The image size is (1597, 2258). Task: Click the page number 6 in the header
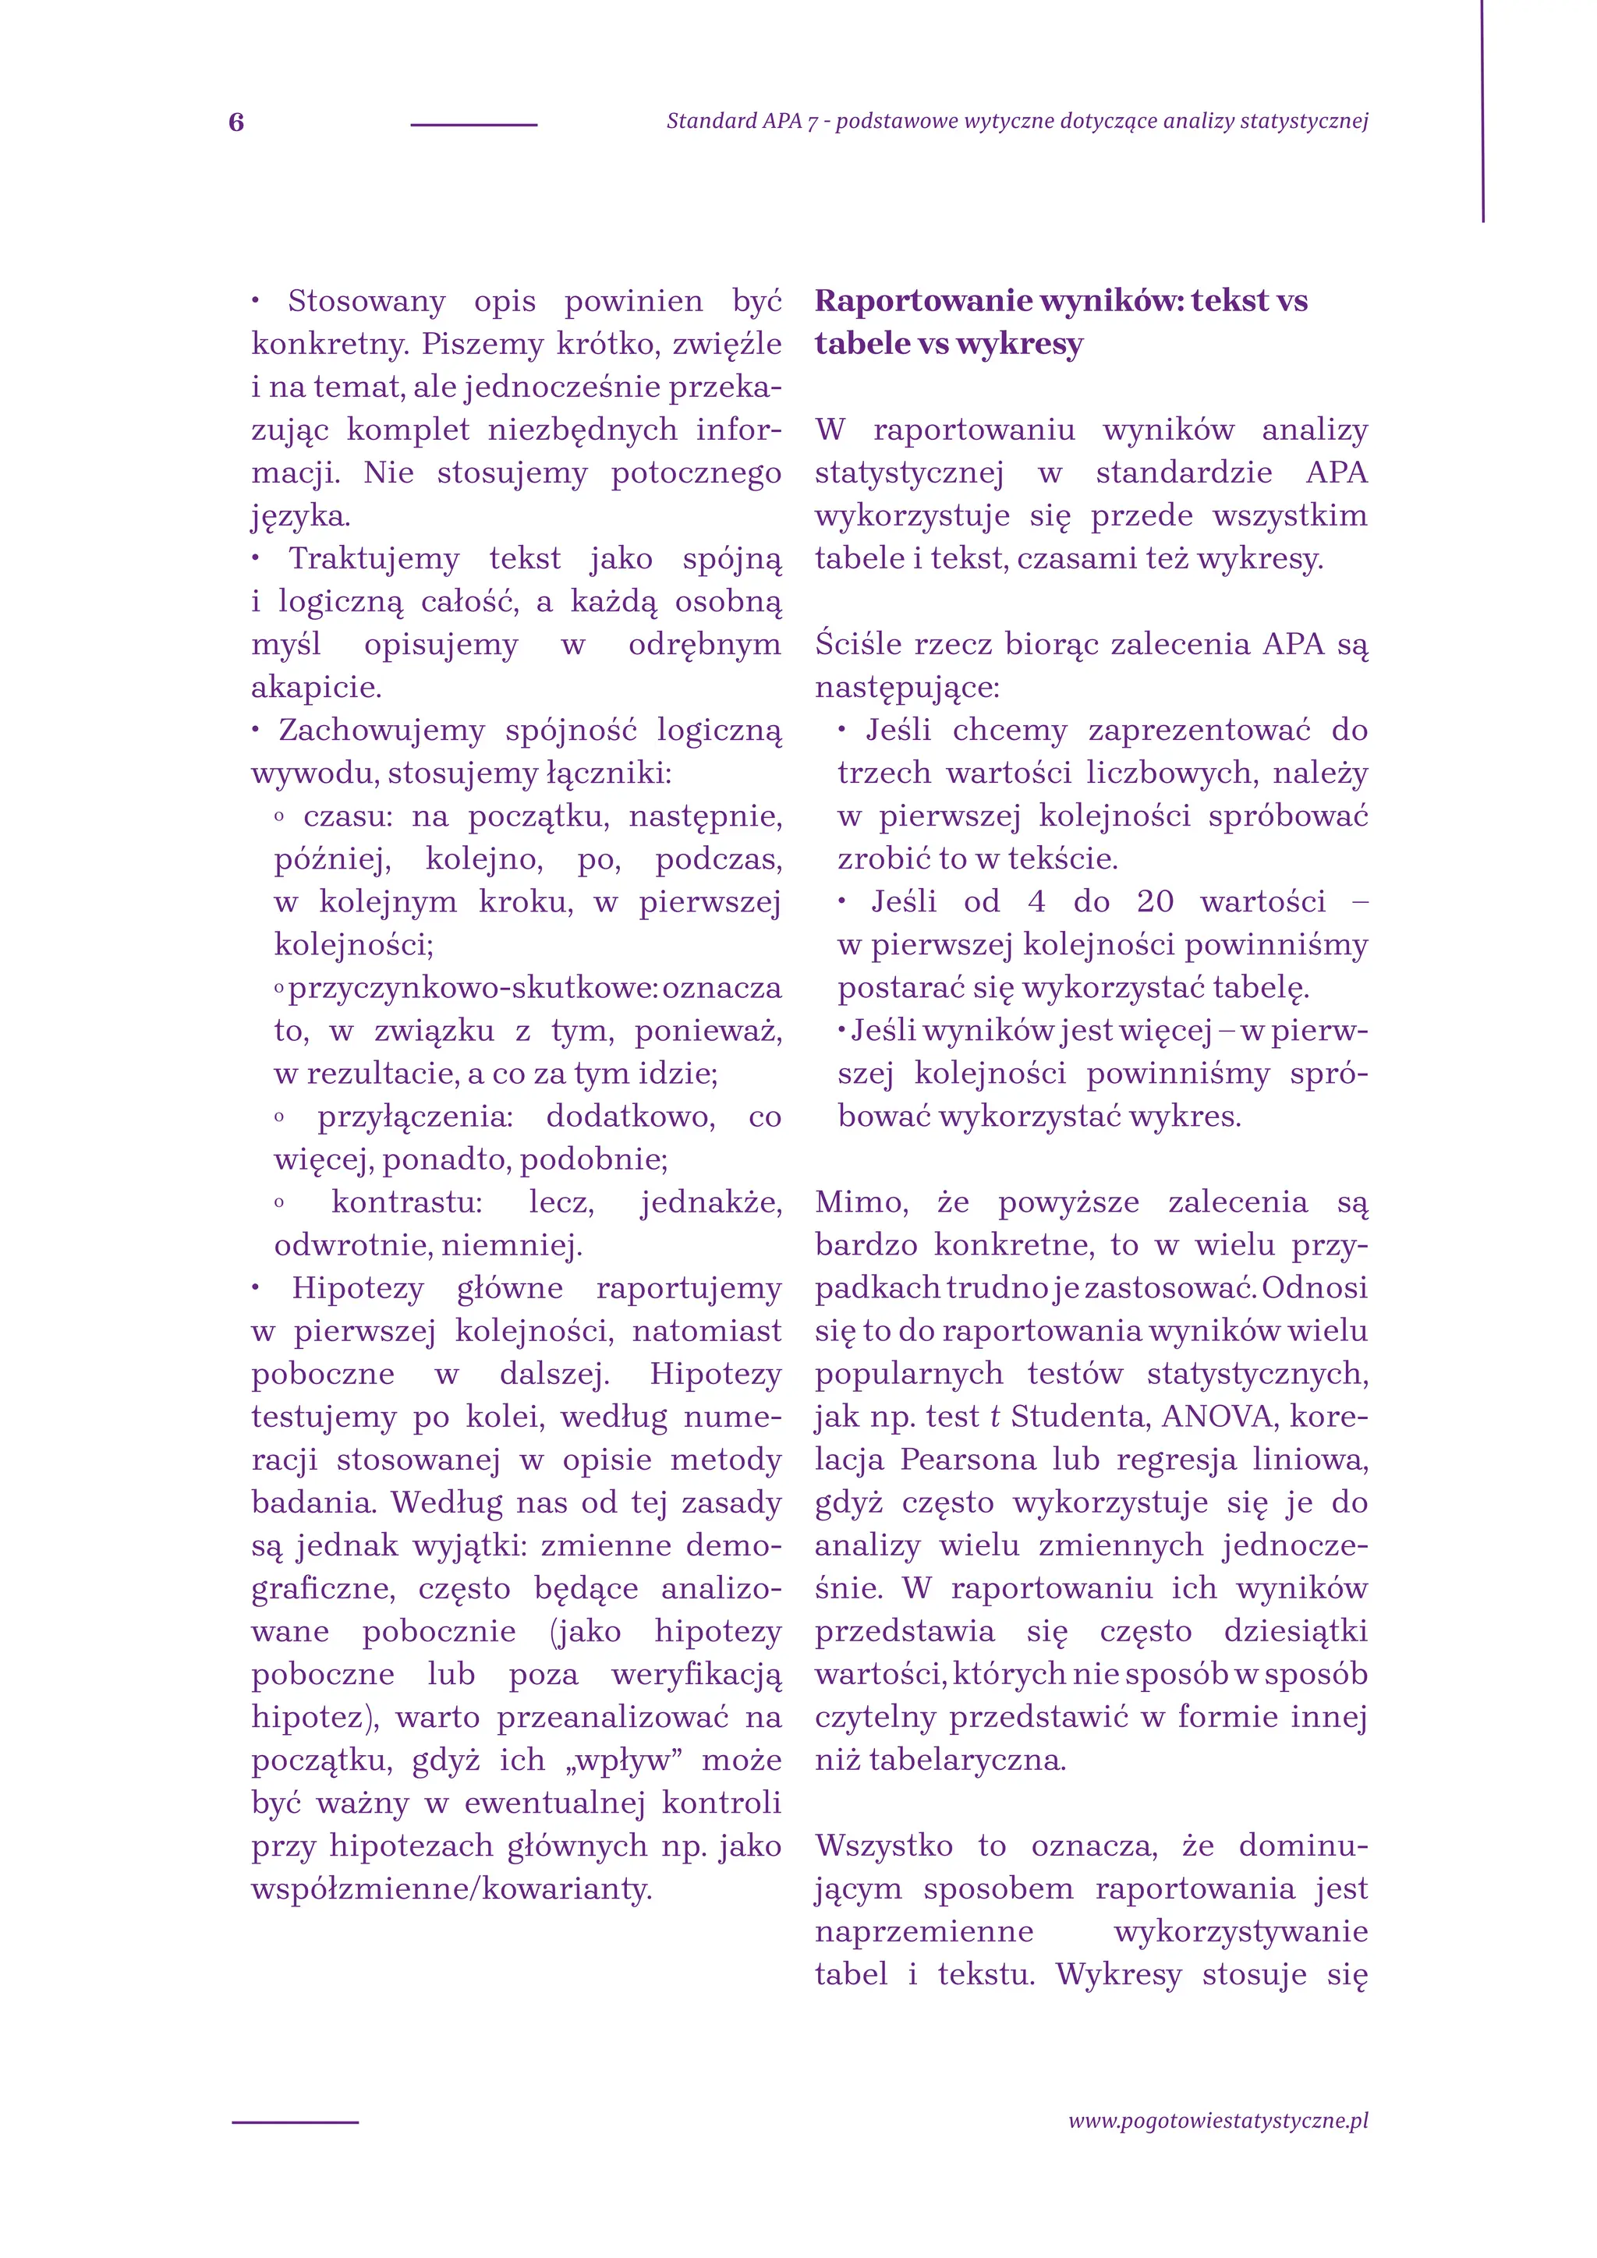236,122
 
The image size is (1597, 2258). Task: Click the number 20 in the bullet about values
1155,902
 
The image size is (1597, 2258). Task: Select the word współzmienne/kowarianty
451,1889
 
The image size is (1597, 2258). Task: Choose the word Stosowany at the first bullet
366,301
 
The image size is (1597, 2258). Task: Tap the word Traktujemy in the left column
374,558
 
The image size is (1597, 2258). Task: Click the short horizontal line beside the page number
473,125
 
